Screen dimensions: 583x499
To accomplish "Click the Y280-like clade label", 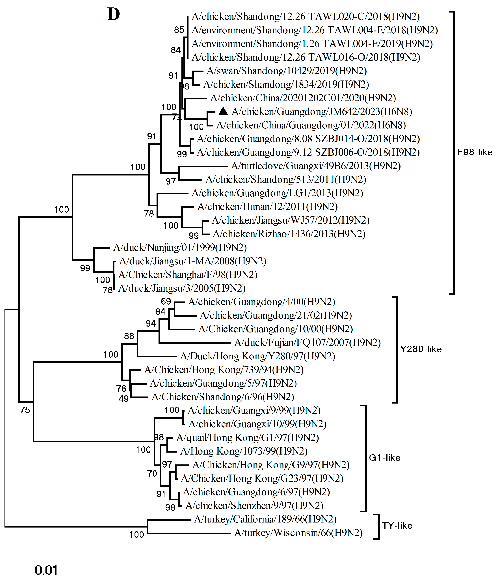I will pos(421,349).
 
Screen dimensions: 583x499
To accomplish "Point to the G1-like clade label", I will pos(384,458).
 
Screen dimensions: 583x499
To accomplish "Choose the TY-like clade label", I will pos(397,526).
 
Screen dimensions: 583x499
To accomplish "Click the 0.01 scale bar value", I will pos(46,570).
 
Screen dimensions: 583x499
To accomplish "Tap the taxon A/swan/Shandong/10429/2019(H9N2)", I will pos(286,71).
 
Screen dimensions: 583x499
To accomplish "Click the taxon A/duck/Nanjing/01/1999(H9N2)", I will pos(180,248).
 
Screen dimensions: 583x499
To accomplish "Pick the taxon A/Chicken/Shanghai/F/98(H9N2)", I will pos(188,275).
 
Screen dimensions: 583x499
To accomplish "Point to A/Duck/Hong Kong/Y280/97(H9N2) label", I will pos(257,356).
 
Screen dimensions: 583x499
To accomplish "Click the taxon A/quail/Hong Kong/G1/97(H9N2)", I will pos(247,438).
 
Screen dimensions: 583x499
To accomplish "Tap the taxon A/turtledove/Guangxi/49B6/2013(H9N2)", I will pos(316,166).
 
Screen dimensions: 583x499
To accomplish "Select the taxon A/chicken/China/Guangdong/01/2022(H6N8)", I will pos(311,125).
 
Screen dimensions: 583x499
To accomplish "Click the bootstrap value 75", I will pos(25,410).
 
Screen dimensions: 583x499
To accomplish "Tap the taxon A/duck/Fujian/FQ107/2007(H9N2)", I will pos(307,343).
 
